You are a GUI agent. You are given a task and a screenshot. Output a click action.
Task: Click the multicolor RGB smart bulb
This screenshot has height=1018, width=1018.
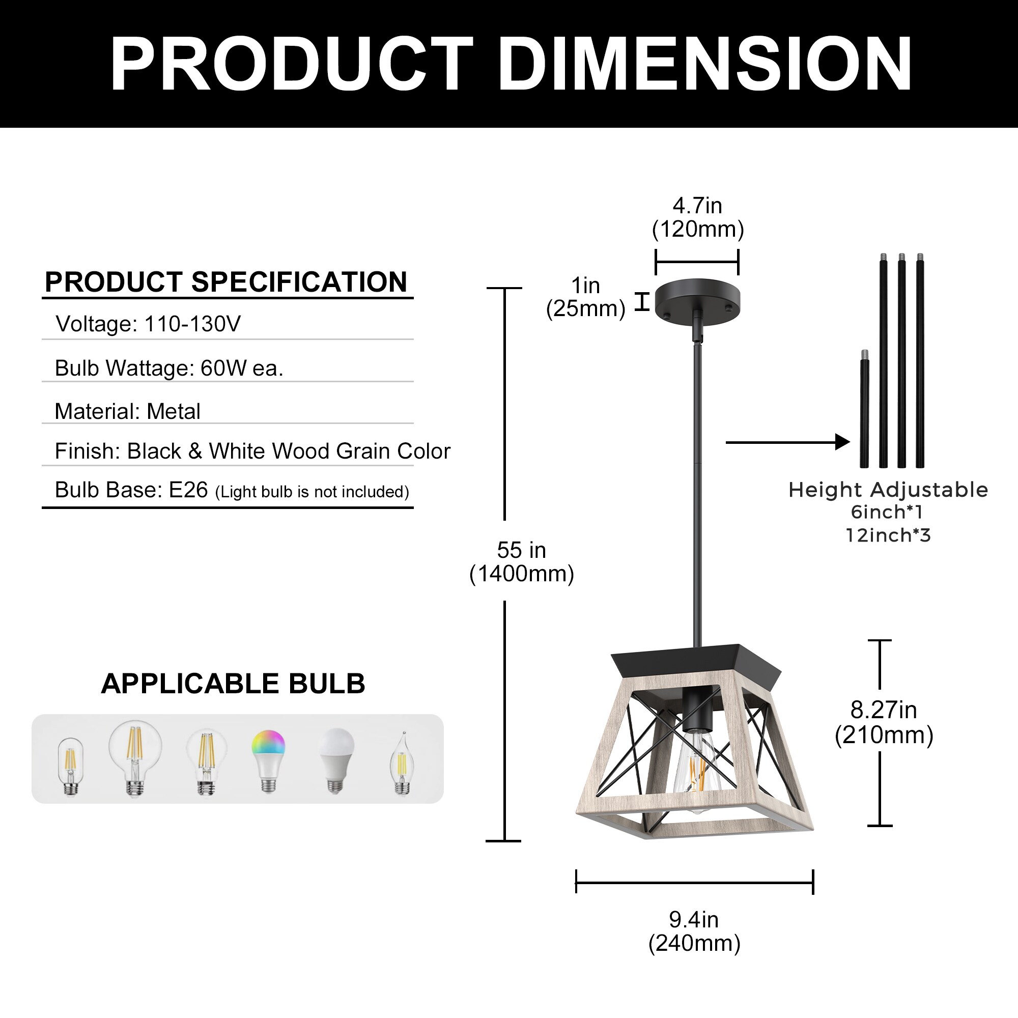tap(269, 759)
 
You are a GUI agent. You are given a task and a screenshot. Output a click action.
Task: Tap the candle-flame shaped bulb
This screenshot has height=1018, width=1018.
tap(402, 764)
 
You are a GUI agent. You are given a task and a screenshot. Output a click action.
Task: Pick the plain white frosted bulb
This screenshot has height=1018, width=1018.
tap(335, 759)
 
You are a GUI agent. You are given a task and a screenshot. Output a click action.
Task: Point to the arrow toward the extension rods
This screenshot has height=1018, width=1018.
tap(788, 442)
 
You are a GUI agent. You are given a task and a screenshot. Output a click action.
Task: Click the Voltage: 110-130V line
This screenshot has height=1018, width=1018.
tap(148, 324)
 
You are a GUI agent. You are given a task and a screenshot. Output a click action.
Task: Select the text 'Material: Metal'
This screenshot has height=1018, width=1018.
tap(128, 411)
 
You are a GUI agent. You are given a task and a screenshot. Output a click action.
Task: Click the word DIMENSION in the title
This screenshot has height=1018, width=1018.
tap(704, 64)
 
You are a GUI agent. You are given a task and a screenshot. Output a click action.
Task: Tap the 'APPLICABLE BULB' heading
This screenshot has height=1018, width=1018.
tap(233, 684)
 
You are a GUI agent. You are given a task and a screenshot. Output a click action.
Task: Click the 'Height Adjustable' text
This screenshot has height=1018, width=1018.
tap(888, 490)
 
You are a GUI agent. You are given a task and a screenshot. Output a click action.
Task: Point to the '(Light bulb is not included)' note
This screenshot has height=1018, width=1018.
tap(312, 492)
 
